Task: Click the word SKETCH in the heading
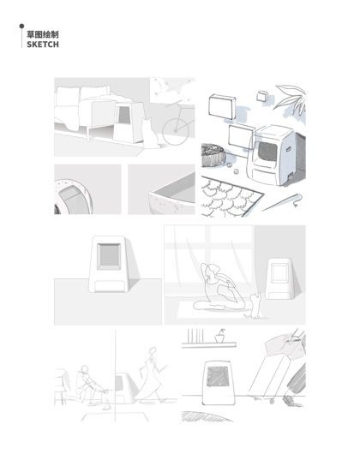43,45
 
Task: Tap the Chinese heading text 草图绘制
43,34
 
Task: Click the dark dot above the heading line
21,26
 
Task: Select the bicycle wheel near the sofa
176,131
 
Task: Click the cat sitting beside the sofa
150,134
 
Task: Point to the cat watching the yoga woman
254,306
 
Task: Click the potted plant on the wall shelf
220,336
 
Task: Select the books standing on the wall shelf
195,335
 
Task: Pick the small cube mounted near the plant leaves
262,96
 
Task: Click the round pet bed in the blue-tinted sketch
213,156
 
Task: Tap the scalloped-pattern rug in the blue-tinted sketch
231,196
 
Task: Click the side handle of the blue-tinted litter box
288,149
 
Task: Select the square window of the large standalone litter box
109,257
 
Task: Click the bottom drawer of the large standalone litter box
109,286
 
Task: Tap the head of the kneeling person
84,369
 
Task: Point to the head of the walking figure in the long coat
153,350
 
